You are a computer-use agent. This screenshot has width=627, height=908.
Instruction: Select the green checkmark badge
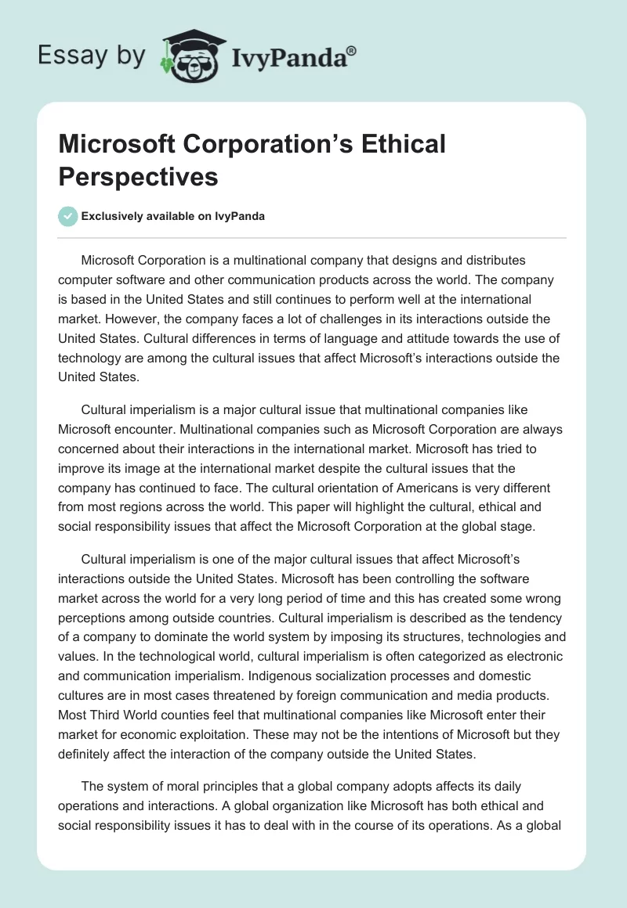pos(68,216)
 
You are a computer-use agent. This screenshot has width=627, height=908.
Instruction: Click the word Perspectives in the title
pos(138,176)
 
